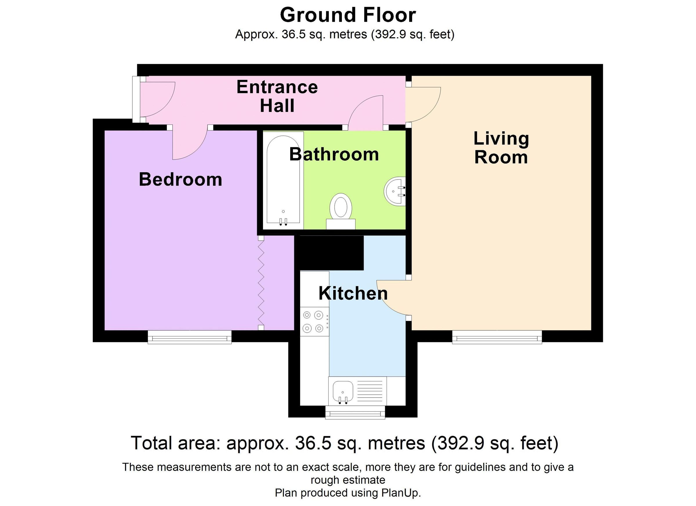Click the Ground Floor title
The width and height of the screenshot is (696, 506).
(348, 15)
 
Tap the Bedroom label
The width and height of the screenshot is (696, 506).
(180, 179)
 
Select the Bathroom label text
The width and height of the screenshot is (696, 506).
(334, 154)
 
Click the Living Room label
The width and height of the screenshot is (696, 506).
(501, 148)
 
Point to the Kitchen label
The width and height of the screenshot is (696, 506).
(353, 293)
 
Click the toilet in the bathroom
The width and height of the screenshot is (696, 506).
(341, 211)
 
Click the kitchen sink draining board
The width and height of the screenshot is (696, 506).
(370, 391)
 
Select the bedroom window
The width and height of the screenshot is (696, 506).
(189, 337)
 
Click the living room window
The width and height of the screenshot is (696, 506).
(497, 337)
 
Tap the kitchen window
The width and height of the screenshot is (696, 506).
(355, 412)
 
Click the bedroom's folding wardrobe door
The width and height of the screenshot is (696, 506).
(261, 283)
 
